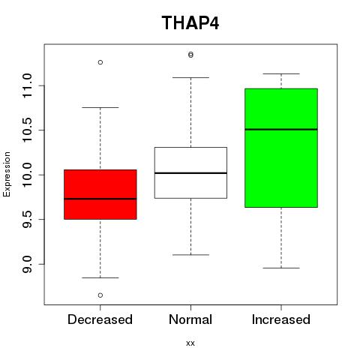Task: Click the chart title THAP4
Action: coord(190,23)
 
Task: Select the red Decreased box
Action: coord(100,194)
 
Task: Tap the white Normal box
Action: coord(190,172)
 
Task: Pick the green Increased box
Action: coord(281,148)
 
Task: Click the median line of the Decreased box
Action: coord(100,199)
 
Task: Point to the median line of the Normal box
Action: coord(190,173)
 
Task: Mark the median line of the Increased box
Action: coord(281,129)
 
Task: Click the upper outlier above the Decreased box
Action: coord(100,62)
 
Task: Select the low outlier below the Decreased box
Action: coord(100,295)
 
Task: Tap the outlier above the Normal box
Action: coord(190,55)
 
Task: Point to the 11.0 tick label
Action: coord(27,85)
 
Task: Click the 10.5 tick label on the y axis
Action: coord(27,130)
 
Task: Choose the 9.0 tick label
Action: coord(27,264)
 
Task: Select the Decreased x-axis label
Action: coord(100,319)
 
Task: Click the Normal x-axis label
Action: coord(190,319)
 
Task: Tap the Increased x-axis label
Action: coord(281,319)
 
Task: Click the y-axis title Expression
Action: coord(7,174)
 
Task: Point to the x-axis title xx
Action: coord(190,343)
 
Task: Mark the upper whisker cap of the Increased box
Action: coord(281,73)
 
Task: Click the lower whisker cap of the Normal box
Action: coord(190,255)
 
